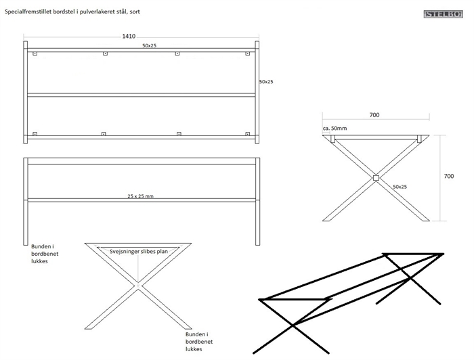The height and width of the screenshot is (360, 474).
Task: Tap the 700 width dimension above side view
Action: pos(374,115)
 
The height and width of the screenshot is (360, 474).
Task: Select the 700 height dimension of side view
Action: pos(448,176)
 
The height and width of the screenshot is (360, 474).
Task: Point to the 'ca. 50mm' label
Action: pos(335,128)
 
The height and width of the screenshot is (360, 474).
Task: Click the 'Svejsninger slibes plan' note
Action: pos(139,251)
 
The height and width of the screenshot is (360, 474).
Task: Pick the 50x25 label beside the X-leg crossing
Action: pos(400,186)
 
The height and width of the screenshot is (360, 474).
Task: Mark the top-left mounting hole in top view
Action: pos(35,53)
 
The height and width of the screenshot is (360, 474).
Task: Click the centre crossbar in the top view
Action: pos(142,95)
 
